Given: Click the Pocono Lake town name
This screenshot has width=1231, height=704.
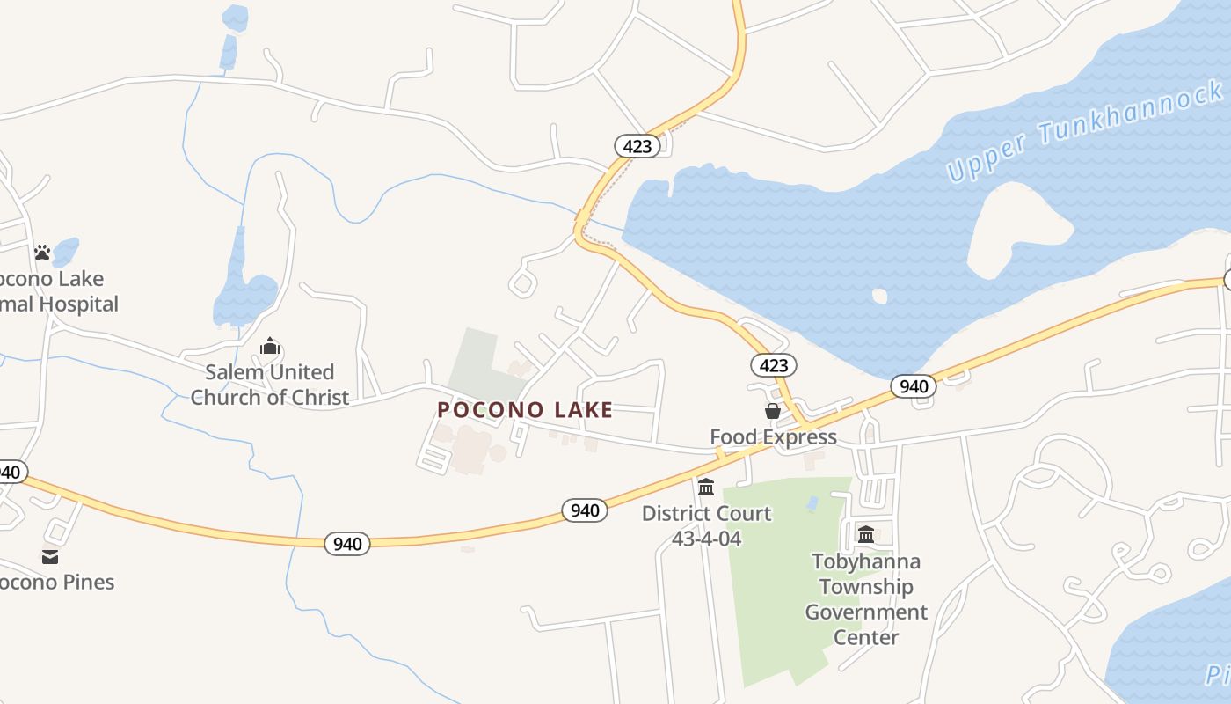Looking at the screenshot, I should point(525,409).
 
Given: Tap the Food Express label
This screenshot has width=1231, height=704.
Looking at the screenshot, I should point(773,436).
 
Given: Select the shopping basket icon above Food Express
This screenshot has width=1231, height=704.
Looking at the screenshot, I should point(772,411).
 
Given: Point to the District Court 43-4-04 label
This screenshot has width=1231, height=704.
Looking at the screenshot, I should point(706,525).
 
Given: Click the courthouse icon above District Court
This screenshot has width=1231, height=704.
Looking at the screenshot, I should point(706,487).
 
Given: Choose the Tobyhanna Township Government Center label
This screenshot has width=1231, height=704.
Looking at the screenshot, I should point(866,599).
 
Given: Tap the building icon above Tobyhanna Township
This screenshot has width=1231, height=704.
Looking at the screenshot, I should point(866,534).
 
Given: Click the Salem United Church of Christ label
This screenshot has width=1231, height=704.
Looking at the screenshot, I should point(270,385).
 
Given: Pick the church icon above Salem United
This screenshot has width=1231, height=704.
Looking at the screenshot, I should point(270,346).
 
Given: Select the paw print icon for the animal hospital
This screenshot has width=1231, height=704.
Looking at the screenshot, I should point(42,253).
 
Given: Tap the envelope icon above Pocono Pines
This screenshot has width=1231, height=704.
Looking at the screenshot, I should point(50,556).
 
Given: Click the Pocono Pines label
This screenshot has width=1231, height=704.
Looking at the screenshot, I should point(56,582).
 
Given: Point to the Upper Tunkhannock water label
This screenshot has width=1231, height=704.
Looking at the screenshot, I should point(1085,130).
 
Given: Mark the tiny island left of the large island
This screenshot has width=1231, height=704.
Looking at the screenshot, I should point(879,296).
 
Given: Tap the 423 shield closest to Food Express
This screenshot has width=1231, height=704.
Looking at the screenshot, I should point(773,365).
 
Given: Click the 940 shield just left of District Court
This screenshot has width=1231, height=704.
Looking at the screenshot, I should point(585,510).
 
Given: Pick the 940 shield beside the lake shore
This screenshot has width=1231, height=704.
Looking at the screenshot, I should point(914,386).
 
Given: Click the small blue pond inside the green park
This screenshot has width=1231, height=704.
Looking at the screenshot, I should point(812,504).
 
